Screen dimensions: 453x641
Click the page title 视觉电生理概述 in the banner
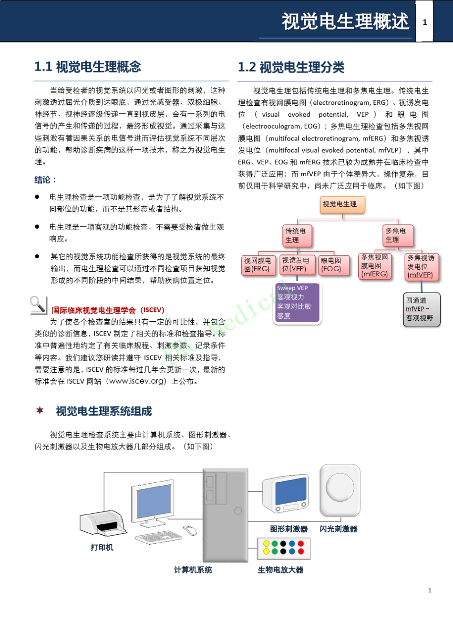tap(345, 22)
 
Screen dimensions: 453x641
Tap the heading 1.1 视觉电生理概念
tap(88, 67)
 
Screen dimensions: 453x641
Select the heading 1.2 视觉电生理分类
tap(291, 67)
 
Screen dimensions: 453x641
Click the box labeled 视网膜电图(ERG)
tap(257, 265)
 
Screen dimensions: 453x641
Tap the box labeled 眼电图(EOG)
tap(331, 265)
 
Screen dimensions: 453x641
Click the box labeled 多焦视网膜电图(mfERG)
tap(375, 265)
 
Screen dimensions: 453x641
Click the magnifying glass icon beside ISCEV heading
tap(38, 305)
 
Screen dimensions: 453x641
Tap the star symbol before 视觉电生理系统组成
tap(40, 410)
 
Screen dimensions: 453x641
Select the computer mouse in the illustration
tap(190, 530)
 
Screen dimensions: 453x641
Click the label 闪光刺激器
tap(339, 529)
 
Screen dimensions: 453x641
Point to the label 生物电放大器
tap(280, 570)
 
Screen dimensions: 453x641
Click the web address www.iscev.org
tap(137, 381)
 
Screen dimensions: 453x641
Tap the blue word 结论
tap(45, 180)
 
